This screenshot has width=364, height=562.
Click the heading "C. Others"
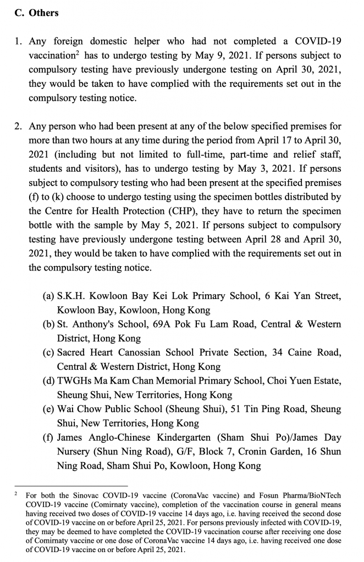click(x=36, y=12)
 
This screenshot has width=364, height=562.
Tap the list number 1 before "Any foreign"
click(x=18, y=41)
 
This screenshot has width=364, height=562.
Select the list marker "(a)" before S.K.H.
click(x=48, y=296)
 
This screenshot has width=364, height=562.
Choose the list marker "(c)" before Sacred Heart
click(x=48, y=353)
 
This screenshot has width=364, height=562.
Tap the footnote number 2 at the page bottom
click(x=16, y=493)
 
